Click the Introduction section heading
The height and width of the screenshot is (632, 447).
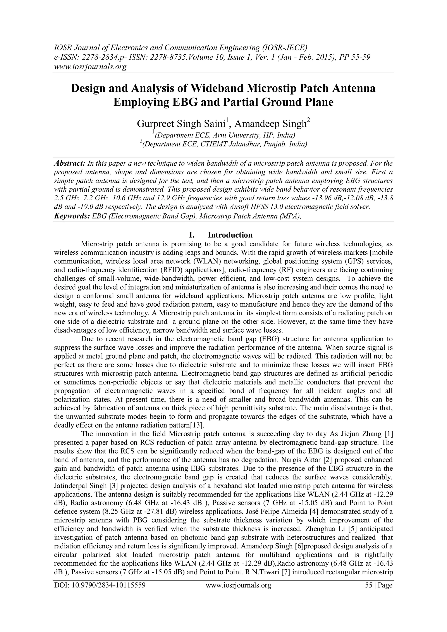[x=230, y=235]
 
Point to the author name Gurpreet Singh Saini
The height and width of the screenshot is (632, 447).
[x=181, y=124]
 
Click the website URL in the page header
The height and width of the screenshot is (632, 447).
[x=90, y=67]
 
